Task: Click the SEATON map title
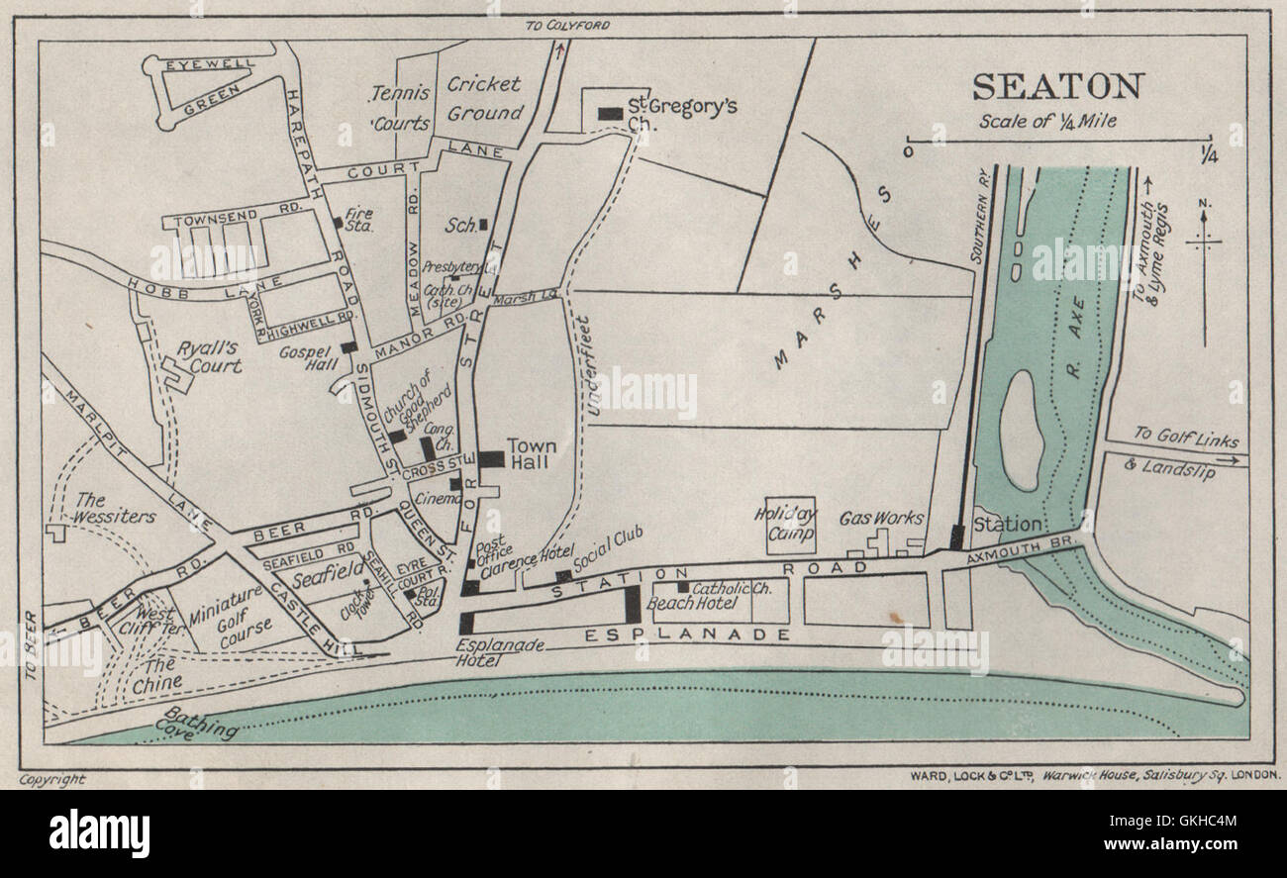click(1057, 87)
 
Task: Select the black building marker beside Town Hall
click(492, 459)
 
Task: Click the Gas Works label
click(881, 518)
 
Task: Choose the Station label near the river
click(1007, 524)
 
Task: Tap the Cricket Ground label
click(484, 99)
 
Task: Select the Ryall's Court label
click(209, 357)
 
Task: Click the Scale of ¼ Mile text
click(1047, 123)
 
